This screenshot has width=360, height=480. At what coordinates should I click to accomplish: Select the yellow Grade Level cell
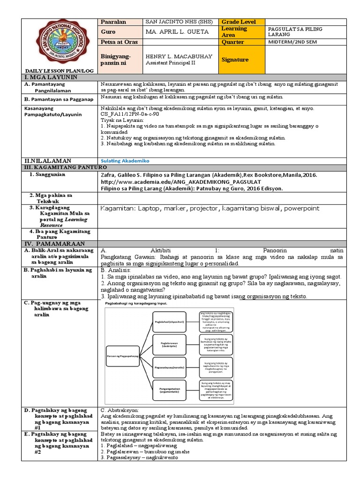click(241, 22)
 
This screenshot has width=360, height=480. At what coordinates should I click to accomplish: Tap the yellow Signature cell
click(241, 60)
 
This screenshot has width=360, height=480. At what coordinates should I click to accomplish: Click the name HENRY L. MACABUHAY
click(179, 56)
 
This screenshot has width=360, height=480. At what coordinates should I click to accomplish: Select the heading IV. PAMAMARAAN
click(55, 244)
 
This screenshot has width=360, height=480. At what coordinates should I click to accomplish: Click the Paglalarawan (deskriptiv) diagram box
click(169, 345)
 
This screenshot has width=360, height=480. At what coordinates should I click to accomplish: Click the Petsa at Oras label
click(119, 42)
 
